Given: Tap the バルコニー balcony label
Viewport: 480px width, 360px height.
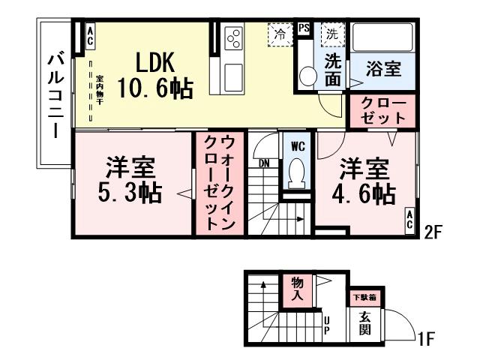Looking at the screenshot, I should (55, 94).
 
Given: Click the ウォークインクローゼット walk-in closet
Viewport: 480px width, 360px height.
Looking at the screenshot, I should (220, 183).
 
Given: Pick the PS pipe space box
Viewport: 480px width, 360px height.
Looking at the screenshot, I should (304, 28).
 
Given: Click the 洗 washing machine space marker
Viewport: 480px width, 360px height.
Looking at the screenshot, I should (331, 34).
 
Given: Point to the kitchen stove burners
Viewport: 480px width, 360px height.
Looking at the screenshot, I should (234, 37).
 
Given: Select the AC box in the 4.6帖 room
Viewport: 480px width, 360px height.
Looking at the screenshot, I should (410, 218).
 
